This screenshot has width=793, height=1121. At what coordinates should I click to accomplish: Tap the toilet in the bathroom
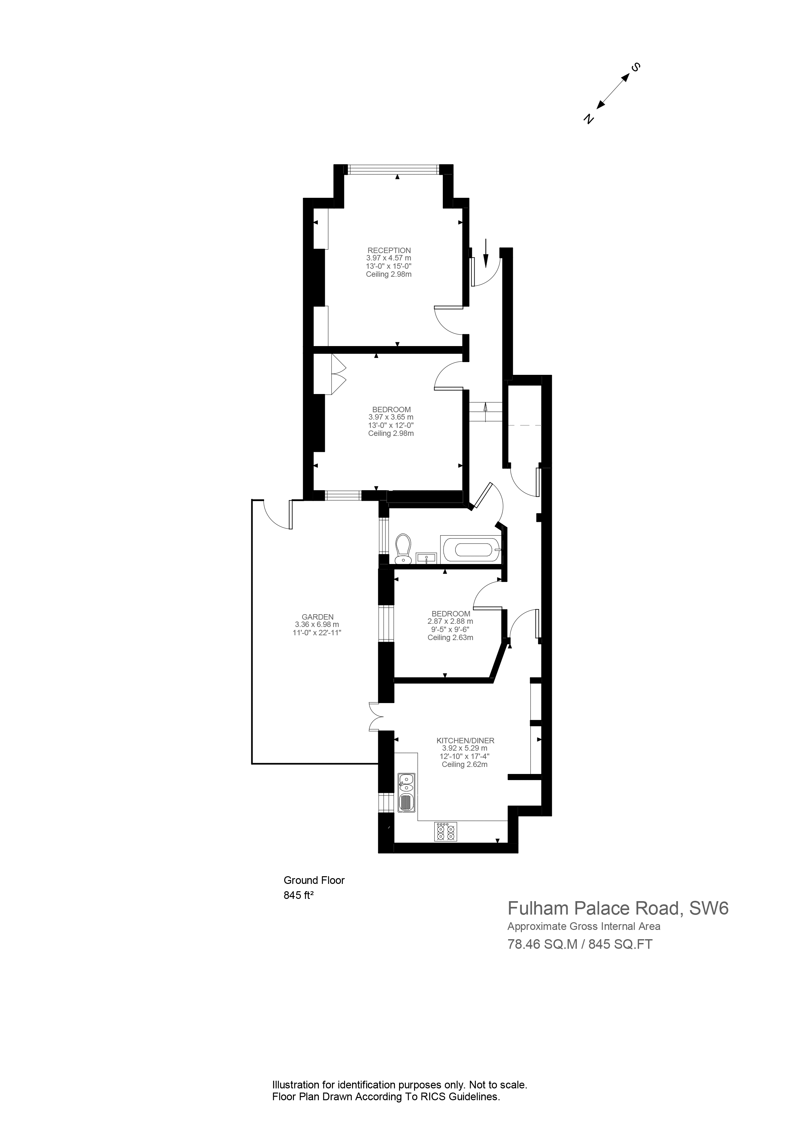[x=403, y=550]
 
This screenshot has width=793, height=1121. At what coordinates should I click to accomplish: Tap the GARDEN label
[x=317, y=617]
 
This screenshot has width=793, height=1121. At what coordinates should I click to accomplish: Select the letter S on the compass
[x=636, y=68]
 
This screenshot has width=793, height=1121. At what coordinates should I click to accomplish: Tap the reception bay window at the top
[x=394, y=169]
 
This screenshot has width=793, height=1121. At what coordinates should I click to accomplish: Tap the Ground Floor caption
[x=314, y=880]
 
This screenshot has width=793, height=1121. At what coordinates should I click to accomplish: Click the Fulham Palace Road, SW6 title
[x=618, y=908]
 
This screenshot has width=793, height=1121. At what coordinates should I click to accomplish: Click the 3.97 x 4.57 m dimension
[x=389, y=258]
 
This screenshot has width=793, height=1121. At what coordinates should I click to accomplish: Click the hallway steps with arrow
[x=486, y=412]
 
